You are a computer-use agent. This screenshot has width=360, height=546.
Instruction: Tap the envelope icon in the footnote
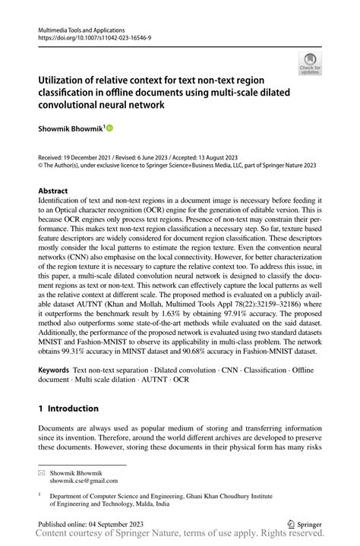coord(41,472)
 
